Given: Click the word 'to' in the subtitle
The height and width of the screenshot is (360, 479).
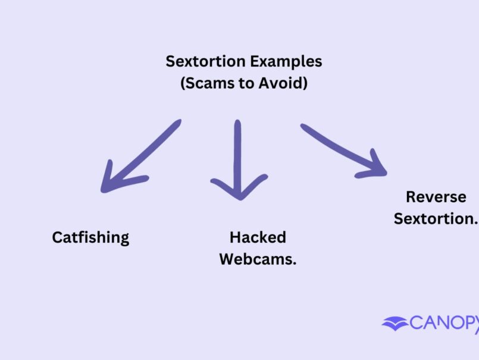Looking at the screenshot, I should click(x=244, y=83).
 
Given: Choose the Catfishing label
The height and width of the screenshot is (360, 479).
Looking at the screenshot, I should click(x=90, y=237).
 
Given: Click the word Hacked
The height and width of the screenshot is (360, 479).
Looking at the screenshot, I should click(x=258, y=237).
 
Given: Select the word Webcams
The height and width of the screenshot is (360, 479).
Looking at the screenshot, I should click(x=256, y=259).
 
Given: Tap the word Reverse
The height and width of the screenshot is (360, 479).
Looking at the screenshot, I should click(x=436, y=197).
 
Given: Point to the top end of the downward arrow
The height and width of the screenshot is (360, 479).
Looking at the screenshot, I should click(x=237, y=123).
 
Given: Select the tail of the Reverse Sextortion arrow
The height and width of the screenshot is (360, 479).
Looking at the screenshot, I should click(x=303, y=127).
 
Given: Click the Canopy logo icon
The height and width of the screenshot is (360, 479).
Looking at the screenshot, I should click(x=395, y=324).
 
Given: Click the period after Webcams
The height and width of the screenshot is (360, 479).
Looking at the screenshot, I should click(x=295, y=264).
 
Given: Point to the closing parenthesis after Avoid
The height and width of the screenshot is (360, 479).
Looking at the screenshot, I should click(x=305, y=84).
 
